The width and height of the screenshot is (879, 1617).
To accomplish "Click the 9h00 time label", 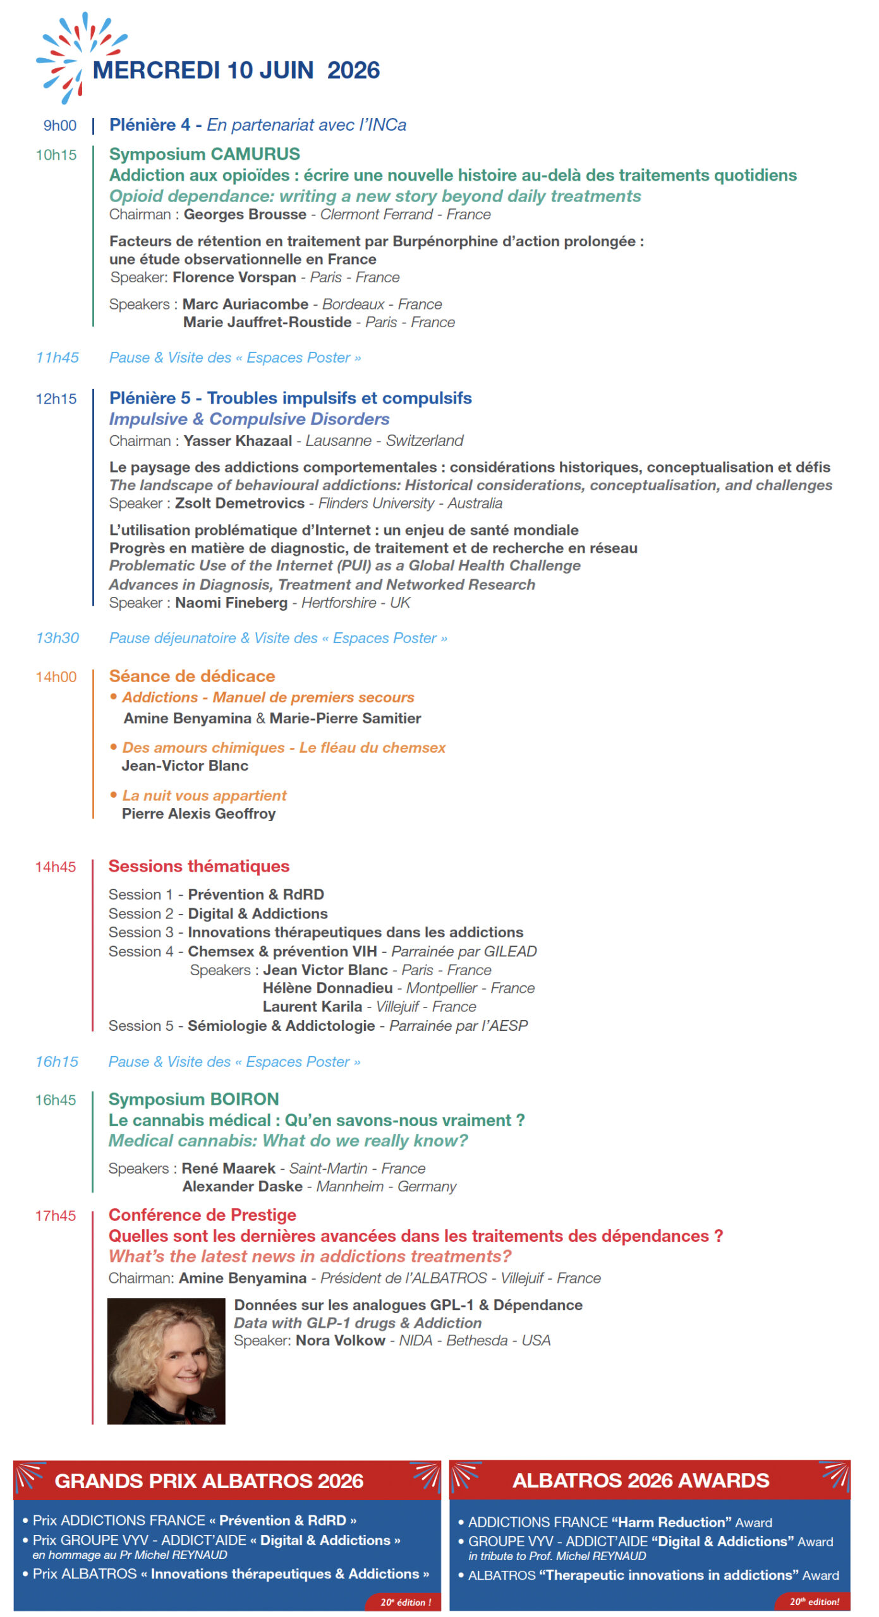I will coord(59,125).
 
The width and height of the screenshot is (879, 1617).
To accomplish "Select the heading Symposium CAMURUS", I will coord(204,154).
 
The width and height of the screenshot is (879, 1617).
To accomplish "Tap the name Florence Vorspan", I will coord(234,277).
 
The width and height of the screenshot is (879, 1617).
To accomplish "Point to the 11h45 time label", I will coord(57,358).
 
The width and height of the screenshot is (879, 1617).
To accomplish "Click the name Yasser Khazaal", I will coord(238,440).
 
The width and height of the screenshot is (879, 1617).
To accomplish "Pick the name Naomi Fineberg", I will coord(231,603).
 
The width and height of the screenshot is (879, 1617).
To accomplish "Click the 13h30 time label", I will coord(57,638).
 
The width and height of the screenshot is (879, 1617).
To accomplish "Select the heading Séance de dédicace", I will coord(191,676).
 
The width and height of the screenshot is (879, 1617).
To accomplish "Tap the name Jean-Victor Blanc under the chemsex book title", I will coord(185,766).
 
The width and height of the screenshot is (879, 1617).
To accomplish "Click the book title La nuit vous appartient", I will coord(204,795).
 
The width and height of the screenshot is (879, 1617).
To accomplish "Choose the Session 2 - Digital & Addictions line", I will coord(217,913).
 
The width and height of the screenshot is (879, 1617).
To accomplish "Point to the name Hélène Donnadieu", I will coord(327,988).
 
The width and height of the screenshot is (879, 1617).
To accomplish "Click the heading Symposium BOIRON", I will coord(193,1099).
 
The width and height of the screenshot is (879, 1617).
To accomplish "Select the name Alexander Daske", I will coord(242,1186).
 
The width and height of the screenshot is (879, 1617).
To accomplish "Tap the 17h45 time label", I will coord(55,1215).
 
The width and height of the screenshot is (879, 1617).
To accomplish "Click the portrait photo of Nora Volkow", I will coord(166,1361).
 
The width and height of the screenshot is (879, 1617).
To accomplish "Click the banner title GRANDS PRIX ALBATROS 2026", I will coord(209,1481).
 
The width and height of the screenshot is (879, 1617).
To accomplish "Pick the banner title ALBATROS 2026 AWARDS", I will coord(640,1480).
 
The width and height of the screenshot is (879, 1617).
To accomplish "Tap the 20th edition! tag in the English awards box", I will coord(813,1601).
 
